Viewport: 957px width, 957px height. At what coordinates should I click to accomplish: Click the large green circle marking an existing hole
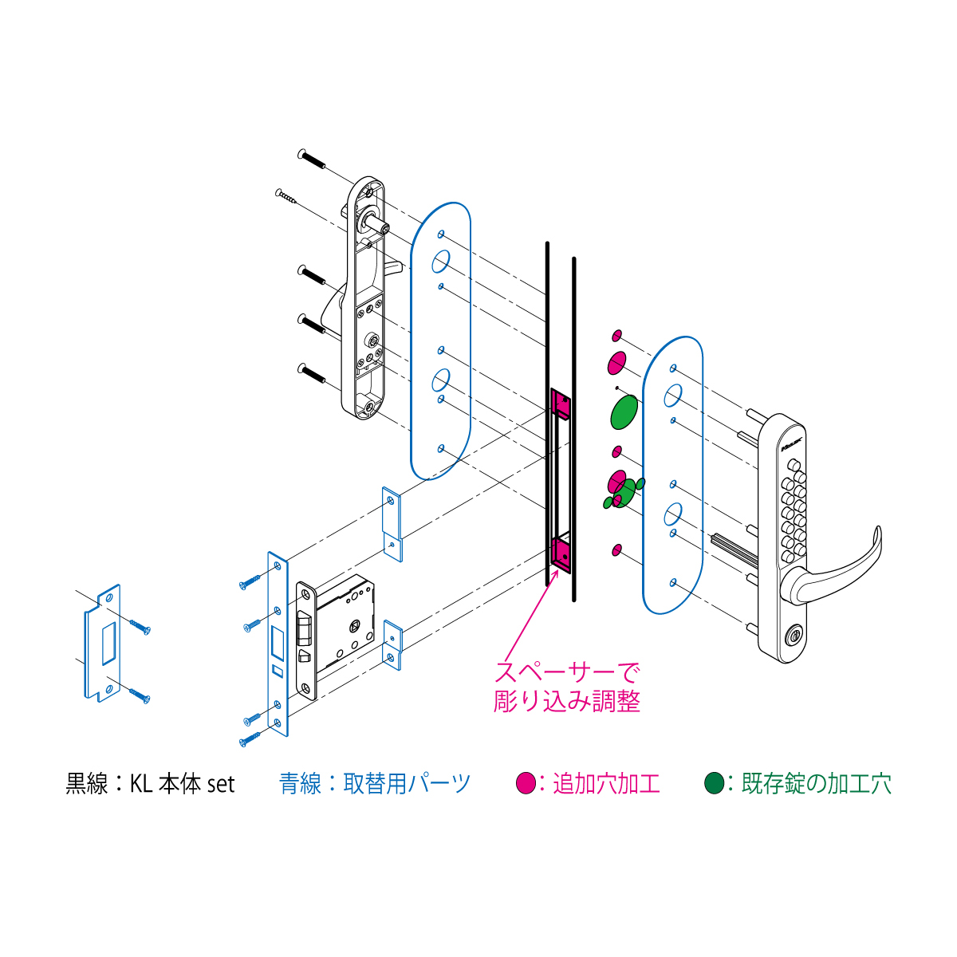[x=624, y=412]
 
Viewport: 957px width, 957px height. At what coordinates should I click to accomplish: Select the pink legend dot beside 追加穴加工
[x=526, y=782]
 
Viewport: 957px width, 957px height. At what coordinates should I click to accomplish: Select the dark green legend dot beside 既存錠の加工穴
[x=714, y=782]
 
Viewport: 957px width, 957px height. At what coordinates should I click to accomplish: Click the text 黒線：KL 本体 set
[x=150, y=784]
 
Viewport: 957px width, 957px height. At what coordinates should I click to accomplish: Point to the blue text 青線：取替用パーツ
[x=375, y=783]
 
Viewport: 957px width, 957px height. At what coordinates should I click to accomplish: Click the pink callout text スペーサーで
[x=567, y=672]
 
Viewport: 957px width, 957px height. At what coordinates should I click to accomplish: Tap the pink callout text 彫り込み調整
[x=567, y=701]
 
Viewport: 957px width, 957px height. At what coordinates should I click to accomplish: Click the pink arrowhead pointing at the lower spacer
[x=555, y=574]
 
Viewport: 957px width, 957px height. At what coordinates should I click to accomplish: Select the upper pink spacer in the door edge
[x=561, y=402]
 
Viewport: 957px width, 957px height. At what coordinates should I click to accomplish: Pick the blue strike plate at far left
[x=103, y=643]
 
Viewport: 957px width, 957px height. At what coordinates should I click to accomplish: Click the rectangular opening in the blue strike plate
[x=109, y=643]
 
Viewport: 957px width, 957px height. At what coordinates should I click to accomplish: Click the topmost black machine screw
[x=311, y=159]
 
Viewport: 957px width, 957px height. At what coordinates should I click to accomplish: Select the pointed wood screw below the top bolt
[x=286, y=196]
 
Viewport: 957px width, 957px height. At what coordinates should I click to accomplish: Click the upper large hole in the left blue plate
[x=440, y=262]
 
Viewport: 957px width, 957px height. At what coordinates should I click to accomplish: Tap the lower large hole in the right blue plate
[x=673, y=514]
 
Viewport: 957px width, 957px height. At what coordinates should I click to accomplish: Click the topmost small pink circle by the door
[x=616, y=337]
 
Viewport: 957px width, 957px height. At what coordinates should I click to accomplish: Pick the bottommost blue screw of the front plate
[x=250, y=739]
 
